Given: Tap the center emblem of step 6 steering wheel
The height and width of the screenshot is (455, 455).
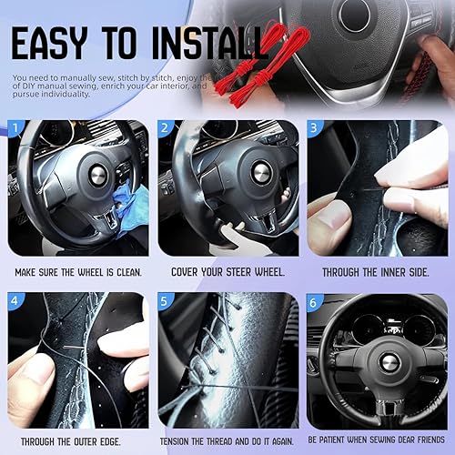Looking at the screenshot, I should point(389,361).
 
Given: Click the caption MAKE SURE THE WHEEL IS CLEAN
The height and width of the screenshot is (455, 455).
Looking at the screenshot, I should point(76,272).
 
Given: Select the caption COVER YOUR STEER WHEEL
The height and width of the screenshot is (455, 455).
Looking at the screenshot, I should point(227,272).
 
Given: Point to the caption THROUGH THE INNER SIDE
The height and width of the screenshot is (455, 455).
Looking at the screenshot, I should point(378,272).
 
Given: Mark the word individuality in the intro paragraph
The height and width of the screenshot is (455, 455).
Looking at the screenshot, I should point(65,94).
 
